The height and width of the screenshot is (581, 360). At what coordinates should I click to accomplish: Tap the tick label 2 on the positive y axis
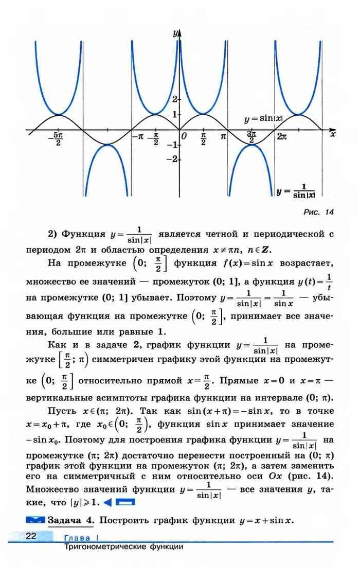(174, 99)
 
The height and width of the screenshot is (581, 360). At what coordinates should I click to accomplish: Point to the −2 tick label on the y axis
(173, 160)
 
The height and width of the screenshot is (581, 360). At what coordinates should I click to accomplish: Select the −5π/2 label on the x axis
(58, 139)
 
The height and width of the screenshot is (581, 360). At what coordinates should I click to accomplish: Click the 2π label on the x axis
(282, 137)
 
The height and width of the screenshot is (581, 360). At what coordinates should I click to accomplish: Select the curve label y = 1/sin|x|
(295, 190)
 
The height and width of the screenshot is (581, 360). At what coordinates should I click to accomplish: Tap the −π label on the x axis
(138, 137)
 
